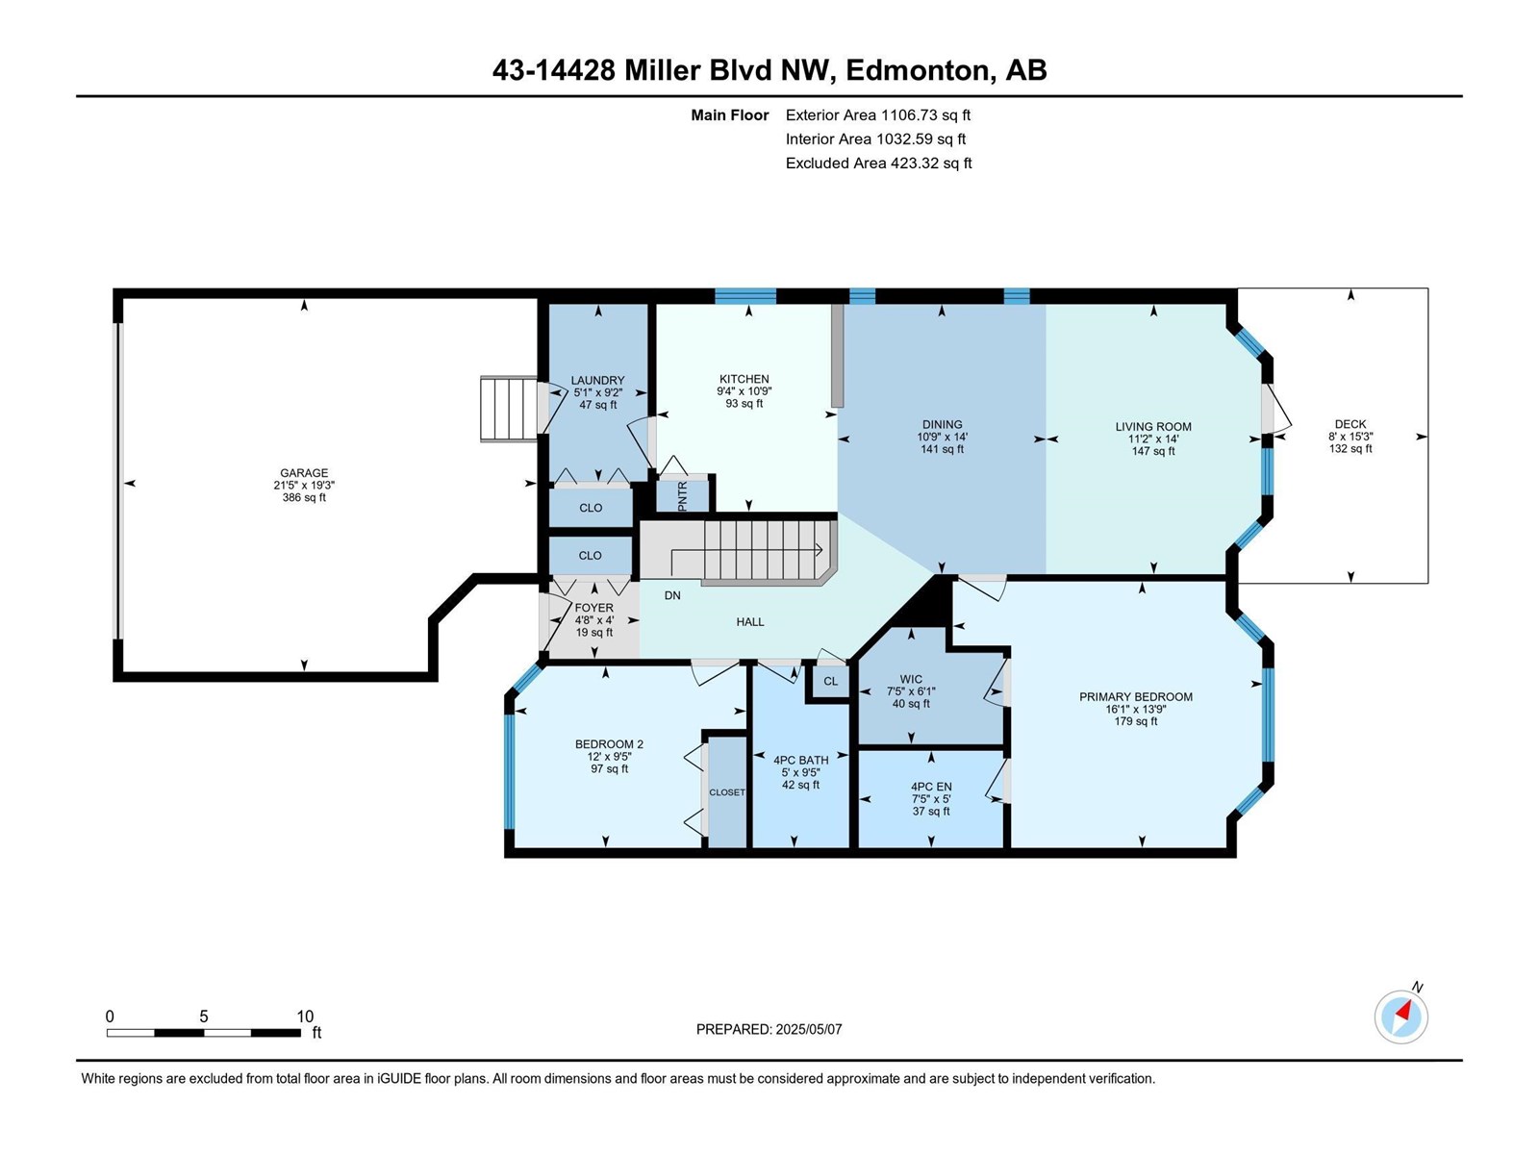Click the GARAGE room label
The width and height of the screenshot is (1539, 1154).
[304, 473]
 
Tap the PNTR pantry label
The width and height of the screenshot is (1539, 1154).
[683, 495]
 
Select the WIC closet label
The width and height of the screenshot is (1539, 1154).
[911, 679]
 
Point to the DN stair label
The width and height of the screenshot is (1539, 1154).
[672, 595]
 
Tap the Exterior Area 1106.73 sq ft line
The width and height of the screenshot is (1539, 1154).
[878, 114]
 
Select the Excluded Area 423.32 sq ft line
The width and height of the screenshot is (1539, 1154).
[878, 163]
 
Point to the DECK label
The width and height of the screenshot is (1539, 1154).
[1350, 424]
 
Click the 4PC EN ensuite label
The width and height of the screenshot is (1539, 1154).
[931, 787]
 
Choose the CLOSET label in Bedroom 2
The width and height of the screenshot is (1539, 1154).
[727, 792]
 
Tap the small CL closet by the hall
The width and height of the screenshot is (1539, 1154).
[831, 681]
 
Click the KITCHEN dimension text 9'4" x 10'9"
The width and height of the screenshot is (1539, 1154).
[744, 391]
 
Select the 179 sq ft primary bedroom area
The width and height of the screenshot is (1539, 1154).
[1136, 721]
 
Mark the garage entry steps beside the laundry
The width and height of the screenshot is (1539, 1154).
[508, 410]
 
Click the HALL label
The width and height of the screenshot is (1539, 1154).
[750, 621]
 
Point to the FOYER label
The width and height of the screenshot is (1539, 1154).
[593, 608]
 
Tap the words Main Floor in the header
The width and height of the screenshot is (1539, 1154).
[730, 114]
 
